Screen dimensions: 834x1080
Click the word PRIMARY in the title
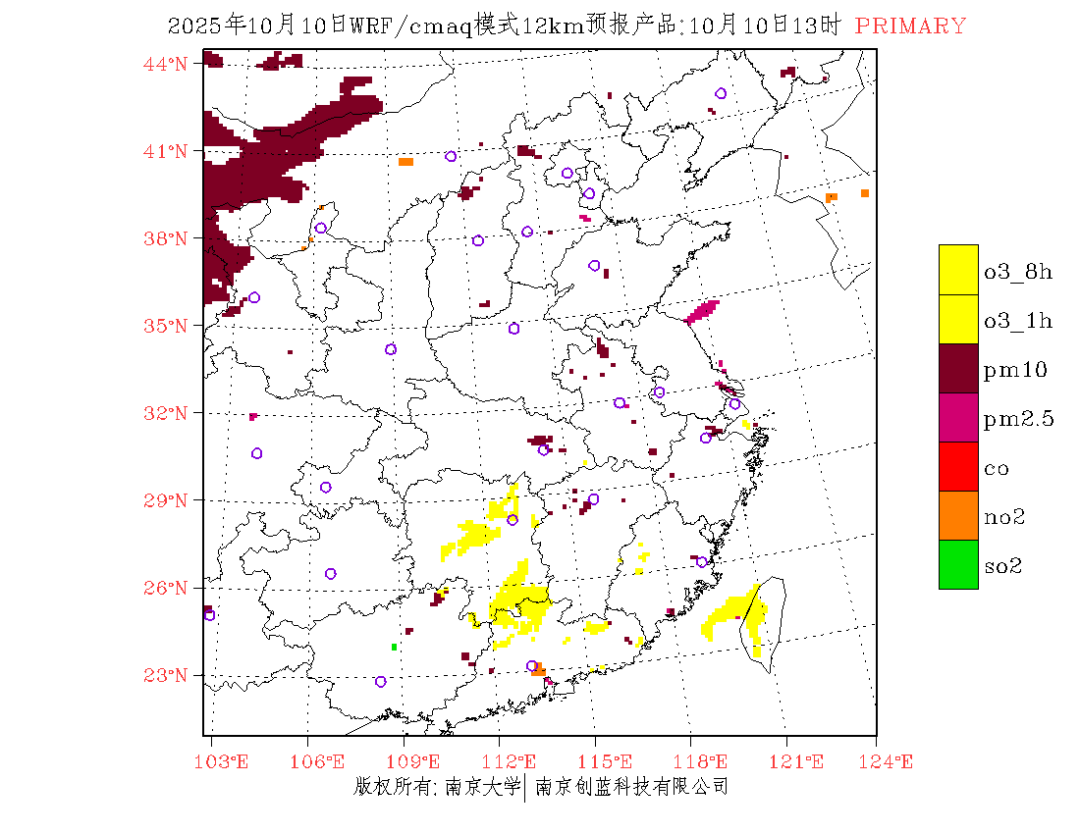tap(910, 26)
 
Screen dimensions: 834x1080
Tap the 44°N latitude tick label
tap(168, 64)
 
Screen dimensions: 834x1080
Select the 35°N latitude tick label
tap(168, 326)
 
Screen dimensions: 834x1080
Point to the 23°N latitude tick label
tap(168, 675)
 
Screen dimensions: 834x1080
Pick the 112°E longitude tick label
tap(514, 761)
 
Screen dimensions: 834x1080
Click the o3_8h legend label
tap(1017, 272)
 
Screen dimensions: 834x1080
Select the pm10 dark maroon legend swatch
tap(958, 368)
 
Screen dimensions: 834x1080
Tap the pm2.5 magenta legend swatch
tap(958, 417)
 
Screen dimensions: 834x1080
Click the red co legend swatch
tap(958, 466)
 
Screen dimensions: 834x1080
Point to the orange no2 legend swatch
tap(958, 515)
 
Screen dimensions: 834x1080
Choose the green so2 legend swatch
tap(958, 564)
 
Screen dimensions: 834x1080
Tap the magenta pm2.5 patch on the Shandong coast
tap(702, 312)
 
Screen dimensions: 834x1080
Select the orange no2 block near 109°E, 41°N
tap(405, 161)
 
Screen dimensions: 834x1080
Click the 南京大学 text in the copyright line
tap(482, 787)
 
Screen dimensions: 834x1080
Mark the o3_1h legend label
tap(1017, 321)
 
